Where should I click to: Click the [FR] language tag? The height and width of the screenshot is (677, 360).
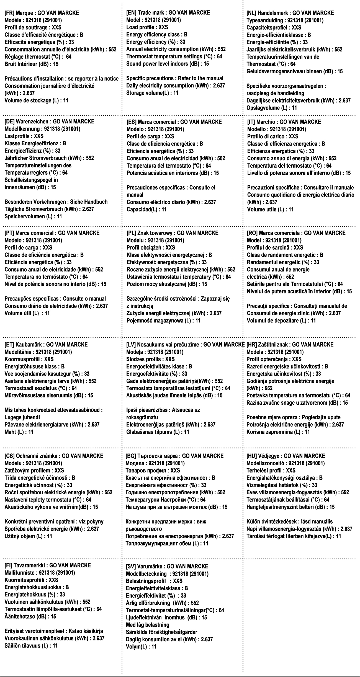[x=9, y=13]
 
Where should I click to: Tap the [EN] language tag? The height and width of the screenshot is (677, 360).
[x=131, y=13]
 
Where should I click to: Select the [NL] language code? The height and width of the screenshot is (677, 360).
[x=251, y=13]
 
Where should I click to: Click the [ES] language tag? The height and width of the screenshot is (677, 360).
[x=131, y=122]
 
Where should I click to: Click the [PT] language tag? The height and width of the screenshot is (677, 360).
[x=10, y=233]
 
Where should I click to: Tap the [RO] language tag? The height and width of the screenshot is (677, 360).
[x=252, y=233]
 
